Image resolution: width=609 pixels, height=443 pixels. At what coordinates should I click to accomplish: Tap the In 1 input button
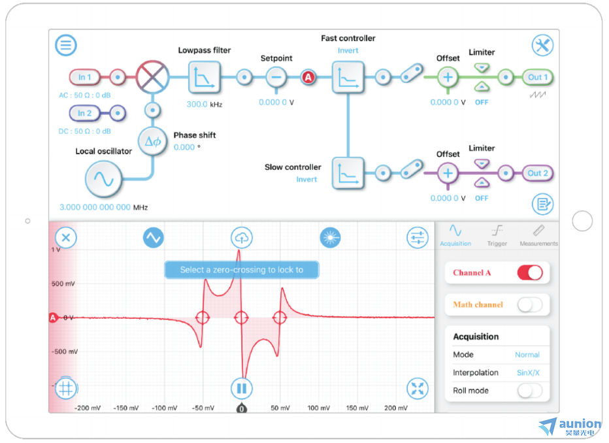coord(84,77)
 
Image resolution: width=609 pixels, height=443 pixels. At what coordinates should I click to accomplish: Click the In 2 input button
coord(84,114)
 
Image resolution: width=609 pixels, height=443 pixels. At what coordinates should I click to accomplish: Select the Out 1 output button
coord(538,77)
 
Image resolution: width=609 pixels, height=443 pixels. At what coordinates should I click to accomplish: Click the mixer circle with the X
coord(153,77)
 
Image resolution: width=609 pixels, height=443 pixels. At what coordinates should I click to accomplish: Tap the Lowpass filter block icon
coord(205,77)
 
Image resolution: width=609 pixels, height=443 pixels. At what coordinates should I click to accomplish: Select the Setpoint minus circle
coord(276,77)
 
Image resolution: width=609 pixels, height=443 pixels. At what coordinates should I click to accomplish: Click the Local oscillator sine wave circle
coord(104,180)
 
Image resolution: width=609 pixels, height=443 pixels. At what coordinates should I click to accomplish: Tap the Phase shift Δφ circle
coord(153,141)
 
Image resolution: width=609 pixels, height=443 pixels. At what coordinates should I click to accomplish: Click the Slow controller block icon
coord(348,173)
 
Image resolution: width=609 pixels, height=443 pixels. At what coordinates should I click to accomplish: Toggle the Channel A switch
coord(530,272)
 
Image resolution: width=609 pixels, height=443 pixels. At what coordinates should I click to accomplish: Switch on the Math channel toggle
coord(530,304)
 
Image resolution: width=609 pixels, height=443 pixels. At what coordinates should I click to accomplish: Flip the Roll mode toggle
coord(530,391)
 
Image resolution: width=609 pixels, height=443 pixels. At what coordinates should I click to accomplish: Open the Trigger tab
coord(497,236)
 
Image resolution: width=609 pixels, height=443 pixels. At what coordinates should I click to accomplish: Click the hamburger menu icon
coord(65,45)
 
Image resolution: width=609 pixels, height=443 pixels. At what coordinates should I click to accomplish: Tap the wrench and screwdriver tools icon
coord(542,46)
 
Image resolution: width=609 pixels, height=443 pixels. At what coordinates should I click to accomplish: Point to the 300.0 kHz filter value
coord(205,105)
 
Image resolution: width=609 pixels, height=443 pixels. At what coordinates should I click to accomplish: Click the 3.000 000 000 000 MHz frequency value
coord(103,207)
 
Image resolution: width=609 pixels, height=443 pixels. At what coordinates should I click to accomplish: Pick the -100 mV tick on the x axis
coord(164,408)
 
